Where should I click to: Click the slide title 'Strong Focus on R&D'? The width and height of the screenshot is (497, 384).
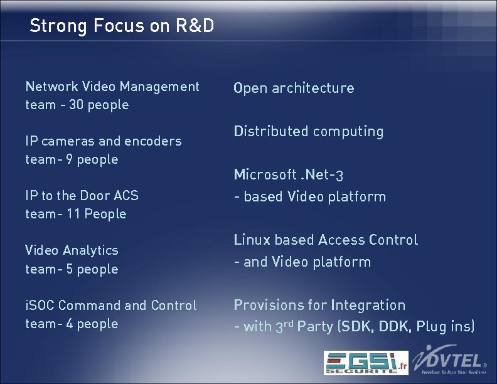(122, 26)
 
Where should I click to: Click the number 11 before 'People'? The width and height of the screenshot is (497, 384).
(72, 214)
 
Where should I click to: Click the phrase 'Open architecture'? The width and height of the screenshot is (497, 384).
(294, 88)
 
